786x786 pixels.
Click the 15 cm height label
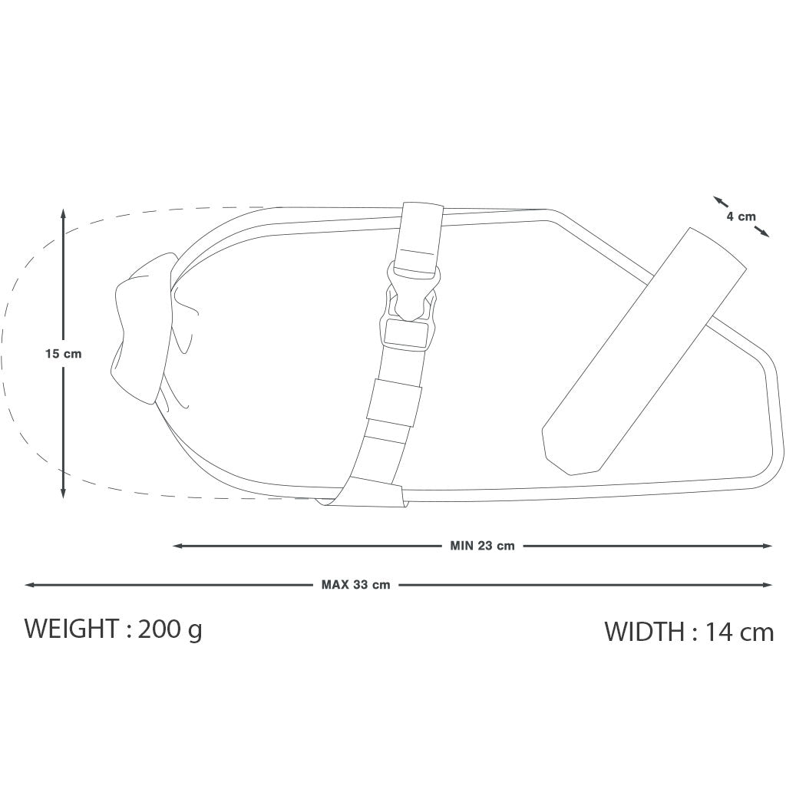point(63,353)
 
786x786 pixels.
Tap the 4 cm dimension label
point(741,216)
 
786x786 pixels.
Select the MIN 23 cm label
point(482,546)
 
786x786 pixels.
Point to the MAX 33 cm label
point(356,584)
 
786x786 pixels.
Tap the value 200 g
point(170,629)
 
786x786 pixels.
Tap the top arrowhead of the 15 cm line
point(63,215)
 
